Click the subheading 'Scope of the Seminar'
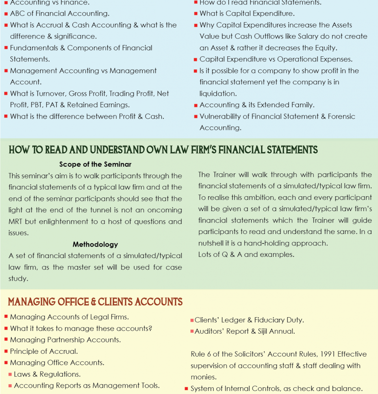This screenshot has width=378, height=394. coord(95,164)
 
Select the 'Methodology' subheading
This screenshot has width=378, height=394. coord(95,245)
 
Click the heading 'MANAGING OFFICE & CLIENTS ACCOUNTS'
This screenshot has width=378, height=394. coord(95,302)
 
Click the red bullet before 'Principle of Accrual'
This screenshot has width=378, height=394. coord(6,351)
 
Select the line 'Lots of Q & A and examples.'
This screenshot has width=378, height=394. coord(246,255)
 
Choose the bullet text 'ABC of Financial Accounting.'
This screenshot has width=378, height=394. coord(59,13)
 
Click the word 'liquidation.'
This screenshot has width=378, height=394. coord(218,94)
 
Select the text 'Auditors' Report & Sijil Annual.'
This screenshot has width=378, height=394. coord(245,331)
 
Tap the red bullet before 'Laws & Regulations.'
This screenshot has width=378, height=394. coord(10,374)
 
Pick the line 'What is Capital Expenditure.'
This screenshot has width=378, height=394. coord(247,13)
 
